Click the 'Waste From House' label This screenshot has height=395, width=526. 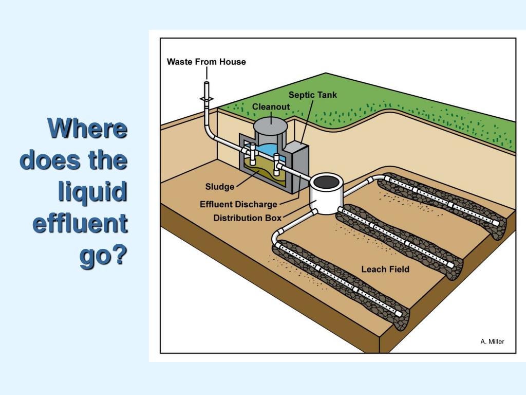point(206,62)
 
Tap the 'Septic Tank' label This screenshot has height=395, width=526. point(312,95)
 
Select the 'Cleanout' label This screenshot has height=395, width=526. point(271,106)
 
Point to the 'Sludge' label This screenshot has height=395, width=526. point(220,186)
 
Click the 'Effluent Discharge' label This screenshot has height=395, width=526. point(238,205)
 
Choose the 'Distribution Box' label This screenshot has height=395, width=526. point(247,218)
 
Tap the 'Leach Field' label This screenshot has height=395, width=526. point(385,269)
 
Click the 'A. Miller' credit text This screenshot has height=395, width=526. point(492,342)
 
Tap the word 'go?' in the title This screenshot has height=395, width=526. point(103,256)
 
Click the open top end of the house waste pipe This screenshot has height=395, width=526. point(206,82)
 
